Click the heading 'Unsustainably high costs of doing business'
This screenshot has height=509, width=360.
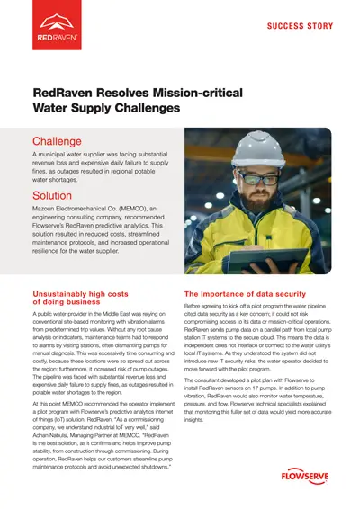pos(82,299)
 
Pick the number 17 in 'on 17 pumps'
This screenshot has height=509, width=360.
pos(282,385)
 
